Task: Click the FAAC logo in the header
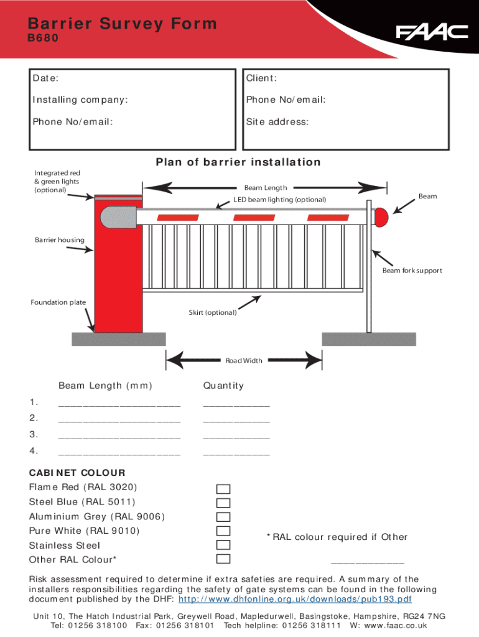pos(432,32)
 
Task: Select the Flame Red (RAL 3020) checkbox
pos(223,488)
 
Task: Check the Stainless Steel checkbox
pos(223,546)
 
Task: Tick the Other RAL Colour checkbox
pos(223,560)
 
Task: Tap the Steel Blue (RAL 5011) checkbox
pos(223,503)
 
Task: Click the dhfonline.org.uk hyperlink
pos(295,600)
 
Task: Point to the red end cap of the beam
pos(381,216)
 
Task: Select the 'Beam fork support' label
pos(412,271)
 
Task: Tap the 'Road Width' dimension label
pos(244,361)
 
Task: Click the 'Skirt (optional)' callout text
pos(213,312)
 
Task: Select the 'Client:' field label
pos(261,78)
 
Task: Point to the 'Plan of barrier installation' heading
pos(238,162)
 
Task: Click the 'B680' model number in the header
pos(43,38)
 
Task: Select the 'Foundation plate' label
pos(58,302)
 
